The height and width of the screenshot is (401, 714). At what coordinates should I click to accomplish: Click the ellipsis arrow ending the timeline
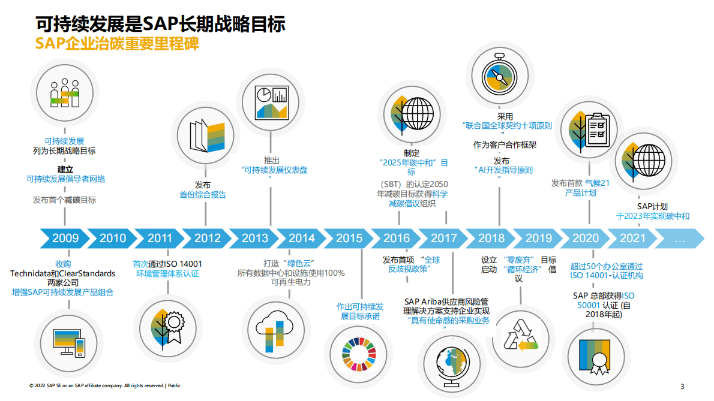click(680, 238)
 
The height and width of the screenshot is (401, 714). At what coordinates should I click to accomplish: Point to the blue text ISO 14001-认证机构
click(606, 276)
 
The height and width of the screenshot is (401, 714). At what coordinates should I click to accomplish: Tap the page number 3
click(682, 386)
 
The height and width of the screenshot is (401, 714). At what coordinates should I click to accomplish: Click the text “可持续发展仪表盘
click(274, 170)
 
